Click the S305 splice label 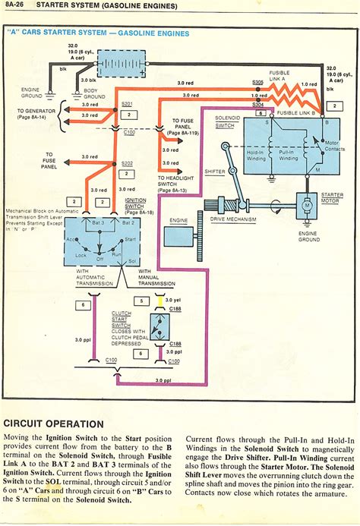coord(258,80)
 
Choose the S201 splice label coord(127,105)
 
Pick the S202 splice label coord(127,163)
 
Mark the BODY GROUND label coord(93,95)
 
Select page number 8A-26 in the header coord(17,5)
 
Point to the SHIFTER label coord(215,172)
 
